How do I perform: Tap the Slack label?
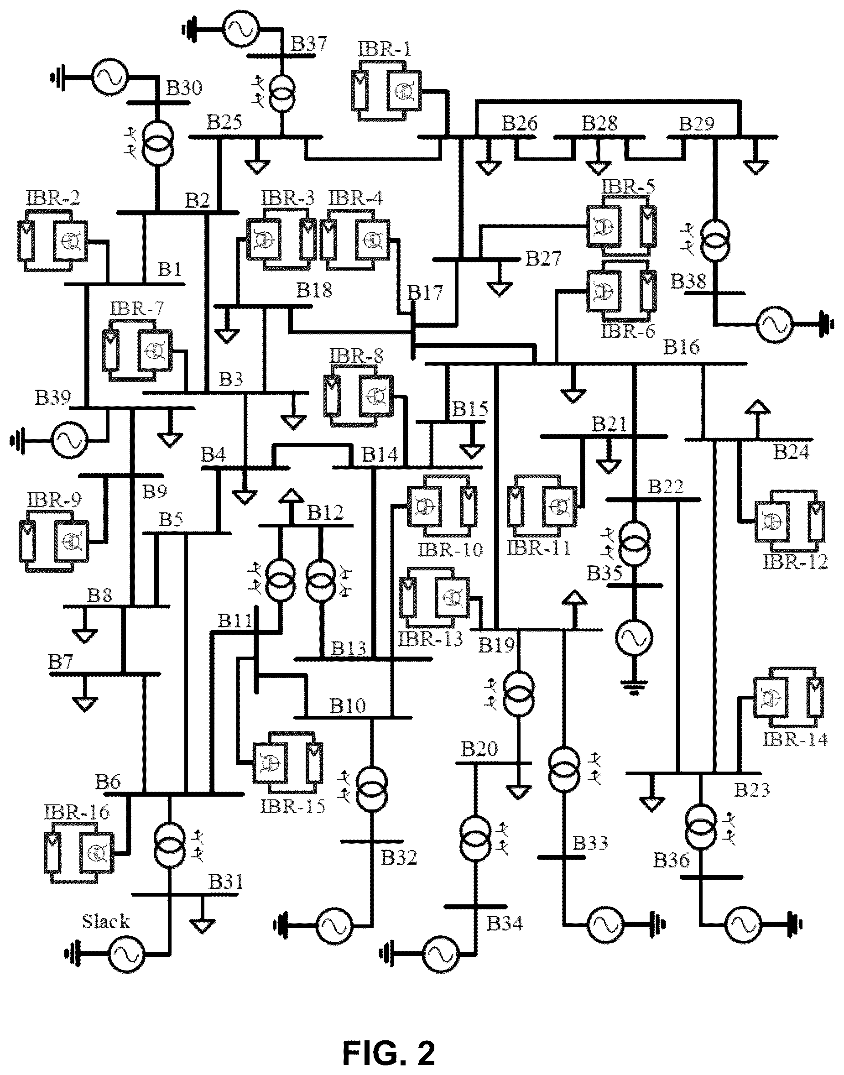(x=106, y=922)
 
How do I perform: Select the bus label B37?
(x=309, y=43)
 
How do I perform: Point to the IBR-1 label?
(x=385, y=49)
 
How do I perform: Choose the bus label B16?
(x=682, y=348)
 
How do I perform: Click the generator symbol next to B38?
(x=774, y=324)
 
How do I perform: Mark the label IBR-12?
(x=796, y=562)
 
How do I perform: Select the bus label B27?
(x=543, y=258)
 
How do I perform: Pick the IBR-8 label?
(x=356, y=356)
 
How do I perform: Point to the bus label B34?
(x=505, y=923)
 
